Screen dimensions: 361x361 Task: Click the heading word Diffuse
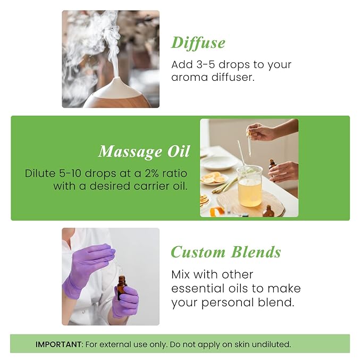pos(198,43)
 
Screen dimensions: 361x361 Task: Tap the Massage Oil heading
pos(144,152)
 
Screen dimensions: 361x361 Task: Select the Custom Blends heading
pos(225,252)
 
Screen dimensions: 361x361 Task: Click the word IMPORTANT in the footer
pos(59,345)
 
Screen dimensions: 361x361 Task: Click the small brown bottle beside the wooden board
pos(269,211)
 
